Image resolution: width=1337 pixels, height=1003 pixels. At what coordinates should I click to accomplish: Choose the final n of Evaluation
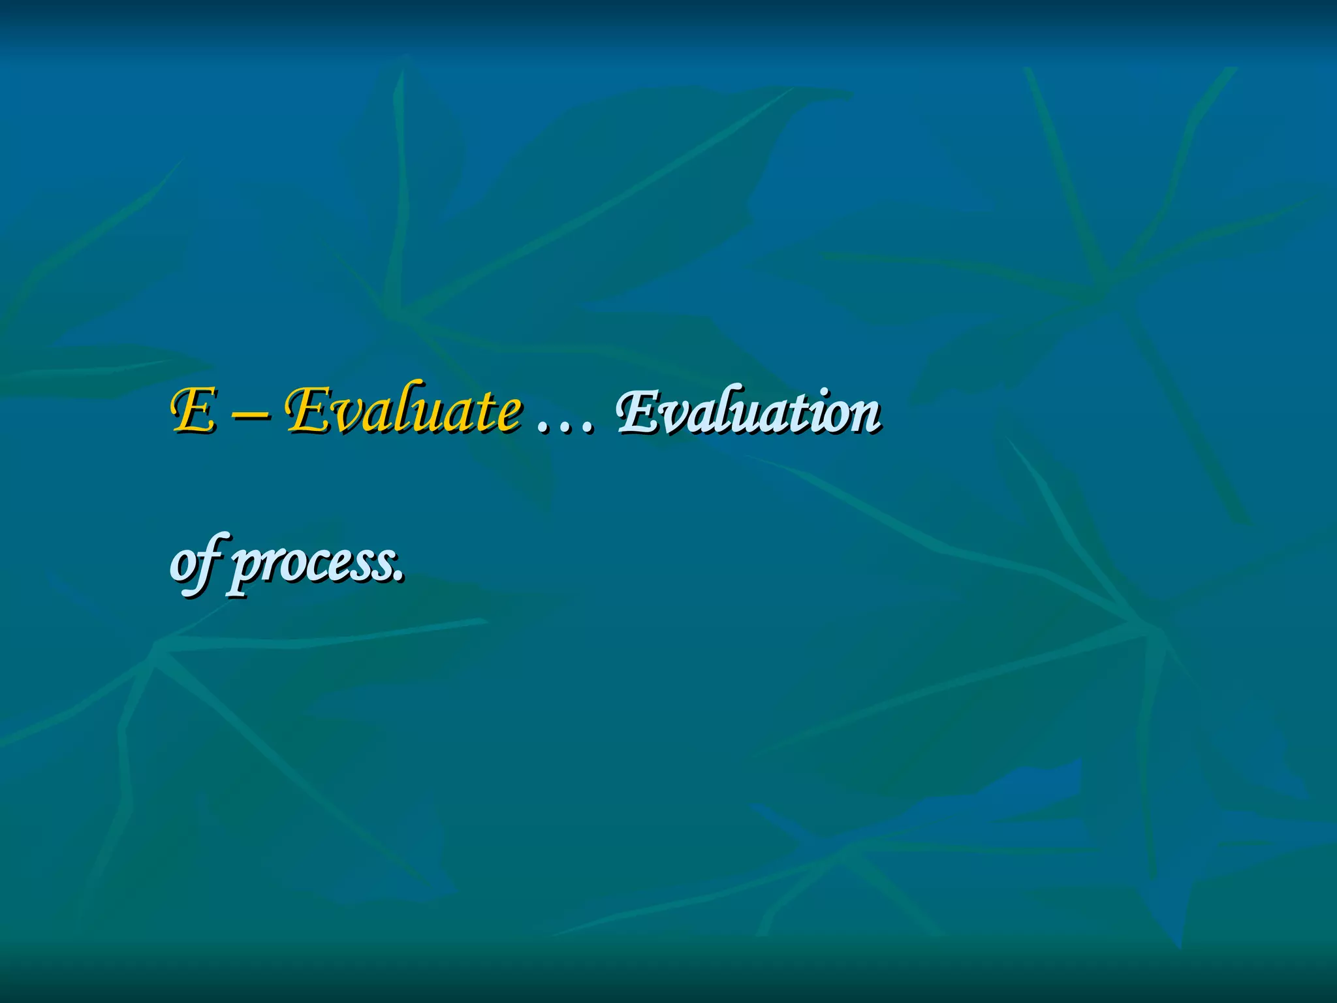pos(864,418)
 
